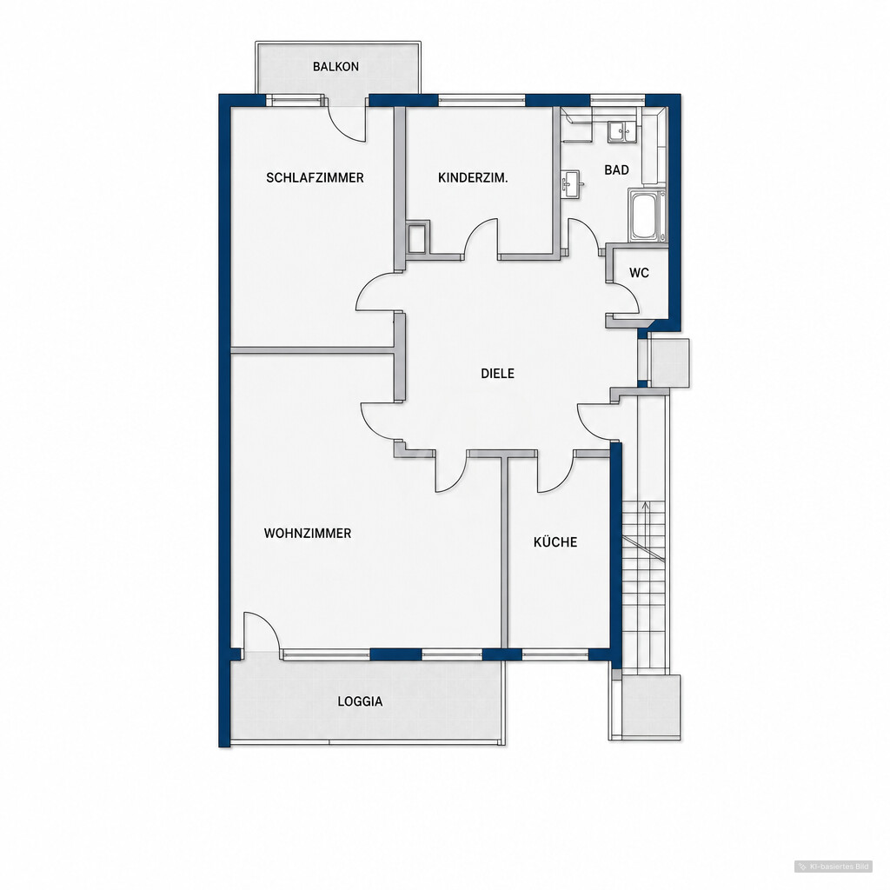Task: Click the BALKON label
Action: (335, 66)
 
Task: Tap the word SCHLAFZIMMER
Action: (315, 177)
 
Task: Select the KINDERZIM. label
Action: (473, 177)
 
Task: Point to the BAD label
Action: (616, 169)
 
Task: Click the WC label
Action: (639, 273)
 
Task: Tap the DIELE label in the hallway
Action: (498, 374)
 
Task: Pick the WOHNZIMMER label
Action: (308, 533)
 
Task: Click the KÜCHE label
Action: (555, 542)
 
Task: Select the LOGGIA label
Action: (360, 701)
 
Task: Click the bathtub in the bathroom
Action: (647, 216)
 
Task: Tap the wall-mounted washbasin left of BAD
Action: (569, 183)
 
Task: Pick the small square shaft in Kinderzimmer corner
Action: (416, 238)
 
